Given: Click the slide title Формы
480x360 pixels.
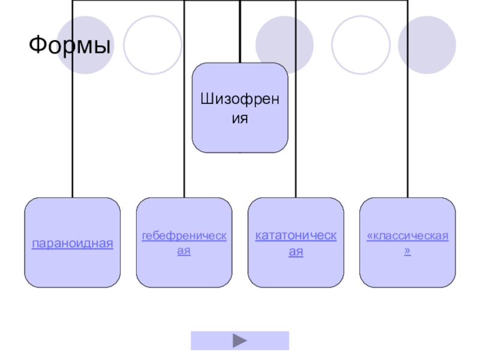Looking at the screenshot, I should [70, 45].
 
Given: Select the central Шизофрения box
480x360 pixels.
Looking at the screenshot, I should [240, 108].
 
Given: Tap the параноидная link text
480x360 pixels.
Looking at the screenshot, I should [73, 244].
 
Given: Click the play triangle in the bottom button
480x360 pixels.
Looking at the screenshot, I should [240, 341].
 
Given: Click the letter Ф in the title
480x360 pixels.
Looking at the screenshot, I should [38, 45].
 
